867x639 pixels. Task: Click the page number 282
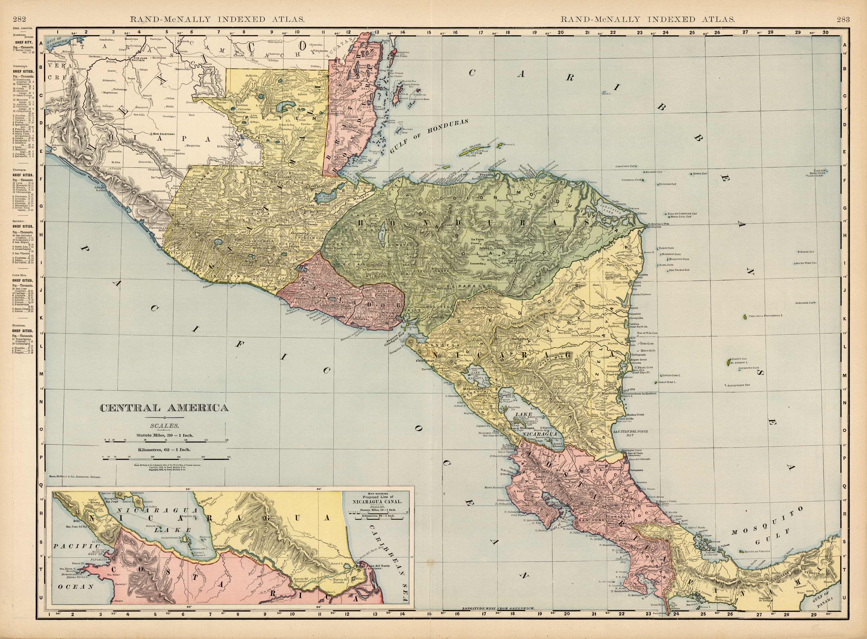19,20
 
